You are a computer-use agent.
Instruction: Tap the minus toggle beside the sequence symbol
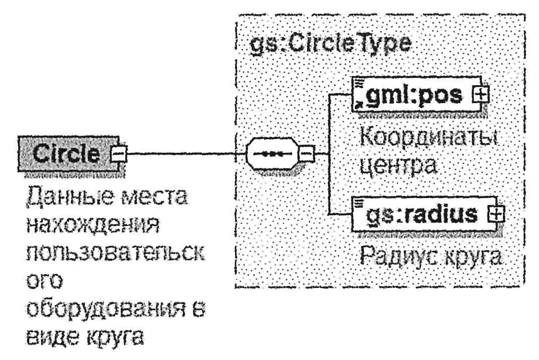pos(307,153)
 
